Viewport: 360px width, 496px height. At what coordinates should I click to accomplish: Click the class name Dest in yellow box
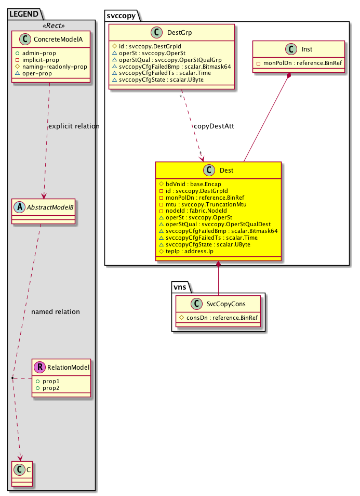coord(226,171)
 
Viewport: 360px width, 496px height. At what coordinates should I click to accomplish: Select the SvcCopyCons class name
coord(226,304)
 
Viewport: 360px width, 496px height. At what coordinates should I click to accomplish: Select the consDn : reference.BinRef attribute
coord(220,317)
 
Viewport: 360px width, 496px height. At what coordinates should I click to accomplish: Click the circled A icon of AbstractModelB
coord(19,203)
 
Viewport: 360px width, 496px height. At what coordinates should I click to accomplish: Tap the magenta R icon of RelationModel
coord(39,368)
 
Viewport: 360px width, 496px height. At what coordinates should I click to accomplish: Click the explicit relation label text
coord(73,126)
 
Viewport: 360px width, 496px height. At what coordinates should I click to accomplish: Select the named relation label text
coord(56,311)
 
